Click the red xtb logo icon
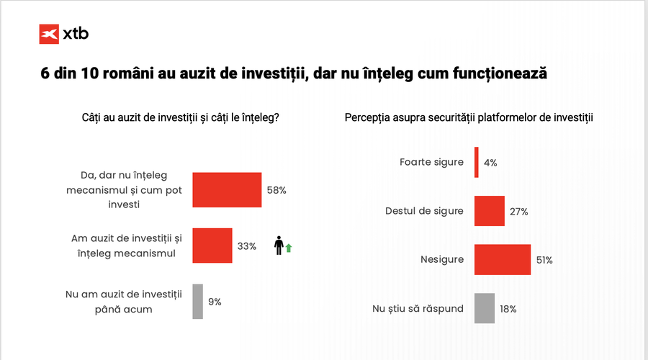49,33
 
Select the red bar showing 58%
227,190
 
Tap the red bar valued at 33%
212,246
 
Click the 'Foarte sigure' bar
477,162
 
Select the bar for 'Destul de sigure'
490,211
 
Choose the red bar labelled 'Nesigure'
503,259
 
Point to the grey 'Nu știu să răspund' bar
485,308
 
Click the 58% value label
277,190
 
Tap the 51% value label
544,260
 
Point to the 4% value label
490,163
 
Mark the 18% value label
508,308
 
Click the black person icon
279,246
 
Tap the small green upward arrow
289,248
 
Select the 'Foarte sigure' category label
431,162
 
